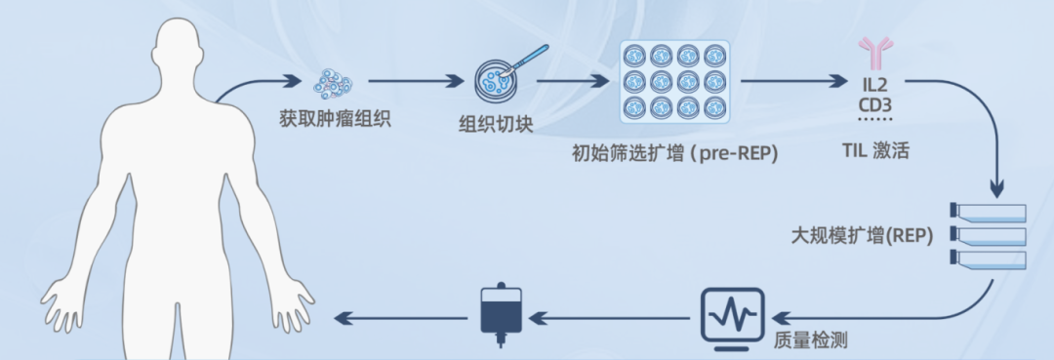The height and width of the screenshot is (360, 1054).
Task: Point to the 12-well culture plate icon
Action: (x=675, y=81)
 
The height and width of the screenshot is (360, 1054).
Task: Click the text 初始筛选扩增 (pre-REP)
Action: (x=675, y=153)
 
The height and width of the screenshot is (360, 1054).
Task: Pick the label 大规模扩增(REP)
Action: (x=863, y=236)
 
